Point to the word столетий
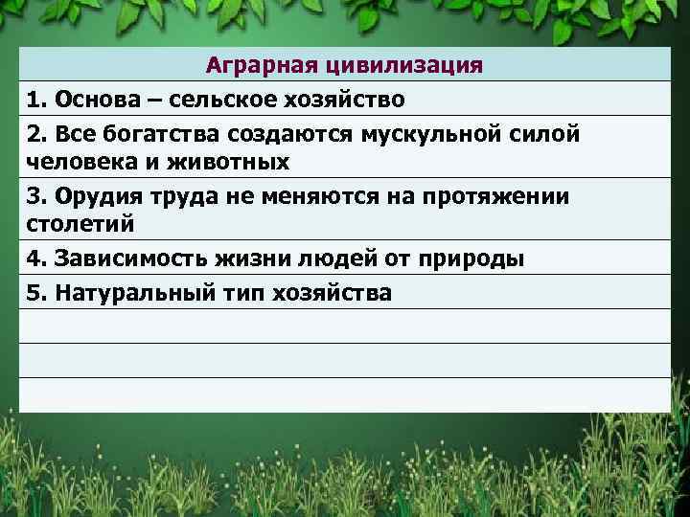point(74,227)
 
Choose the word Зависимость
point(124,259)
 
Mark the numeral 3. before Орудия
point(36,196)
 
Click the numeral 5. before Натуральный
point(36,292)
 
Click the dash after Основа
point(149,99)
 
